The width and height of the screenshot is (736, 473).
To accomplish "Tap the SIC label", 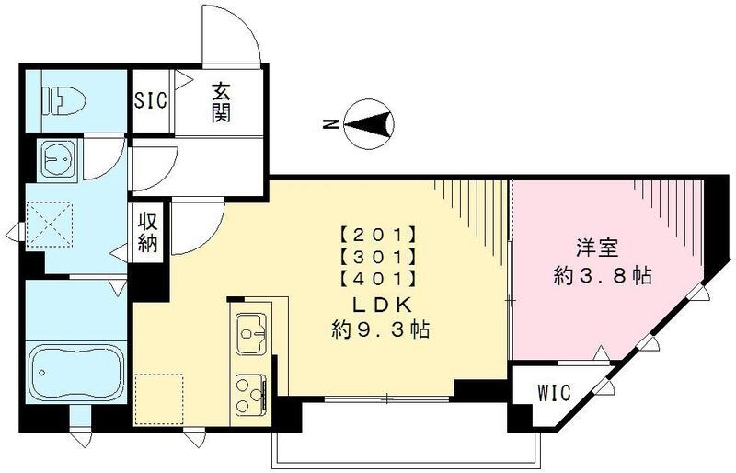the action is tap(151, 100).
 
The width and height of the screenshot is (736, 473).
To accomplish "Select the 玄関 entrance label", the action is tap(221, 102).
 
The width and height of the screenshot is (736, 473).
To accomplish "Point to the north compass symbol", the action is tap(369, 125).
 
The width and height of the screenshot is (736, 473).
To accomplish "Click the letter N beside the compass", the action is tap(331, 124).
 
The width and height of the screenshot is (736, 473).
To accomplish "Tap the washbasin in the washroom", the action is tap(59, 159).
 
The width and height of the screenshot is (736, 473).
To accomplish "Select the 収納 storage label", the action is tap(147, 233).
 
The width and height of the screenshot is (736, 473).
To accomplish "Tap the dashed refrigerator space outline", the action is tap(158, 399).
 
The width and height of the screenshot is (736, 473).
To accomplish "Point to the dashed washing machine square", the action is tap(50, 225).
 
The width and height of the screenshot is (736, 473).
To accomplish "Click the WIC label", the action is tap(554, 393).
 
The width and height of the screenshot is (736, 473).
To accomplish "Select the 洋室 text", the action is tap(596, 249).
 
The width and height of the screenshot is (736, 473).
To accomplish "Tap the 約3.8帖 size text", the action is tap(603, 276).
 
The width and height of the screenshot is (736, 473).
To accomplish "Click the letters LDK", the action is tap(383, 306).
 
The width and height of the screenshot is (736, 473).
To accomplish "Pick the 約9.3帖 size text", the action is tap(380, 329).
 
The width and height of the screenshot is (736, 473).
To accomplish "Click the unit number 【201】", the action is tap(378, 233).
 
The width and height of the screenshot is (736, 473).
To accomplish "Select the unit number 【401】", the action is tap(378, 280).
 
